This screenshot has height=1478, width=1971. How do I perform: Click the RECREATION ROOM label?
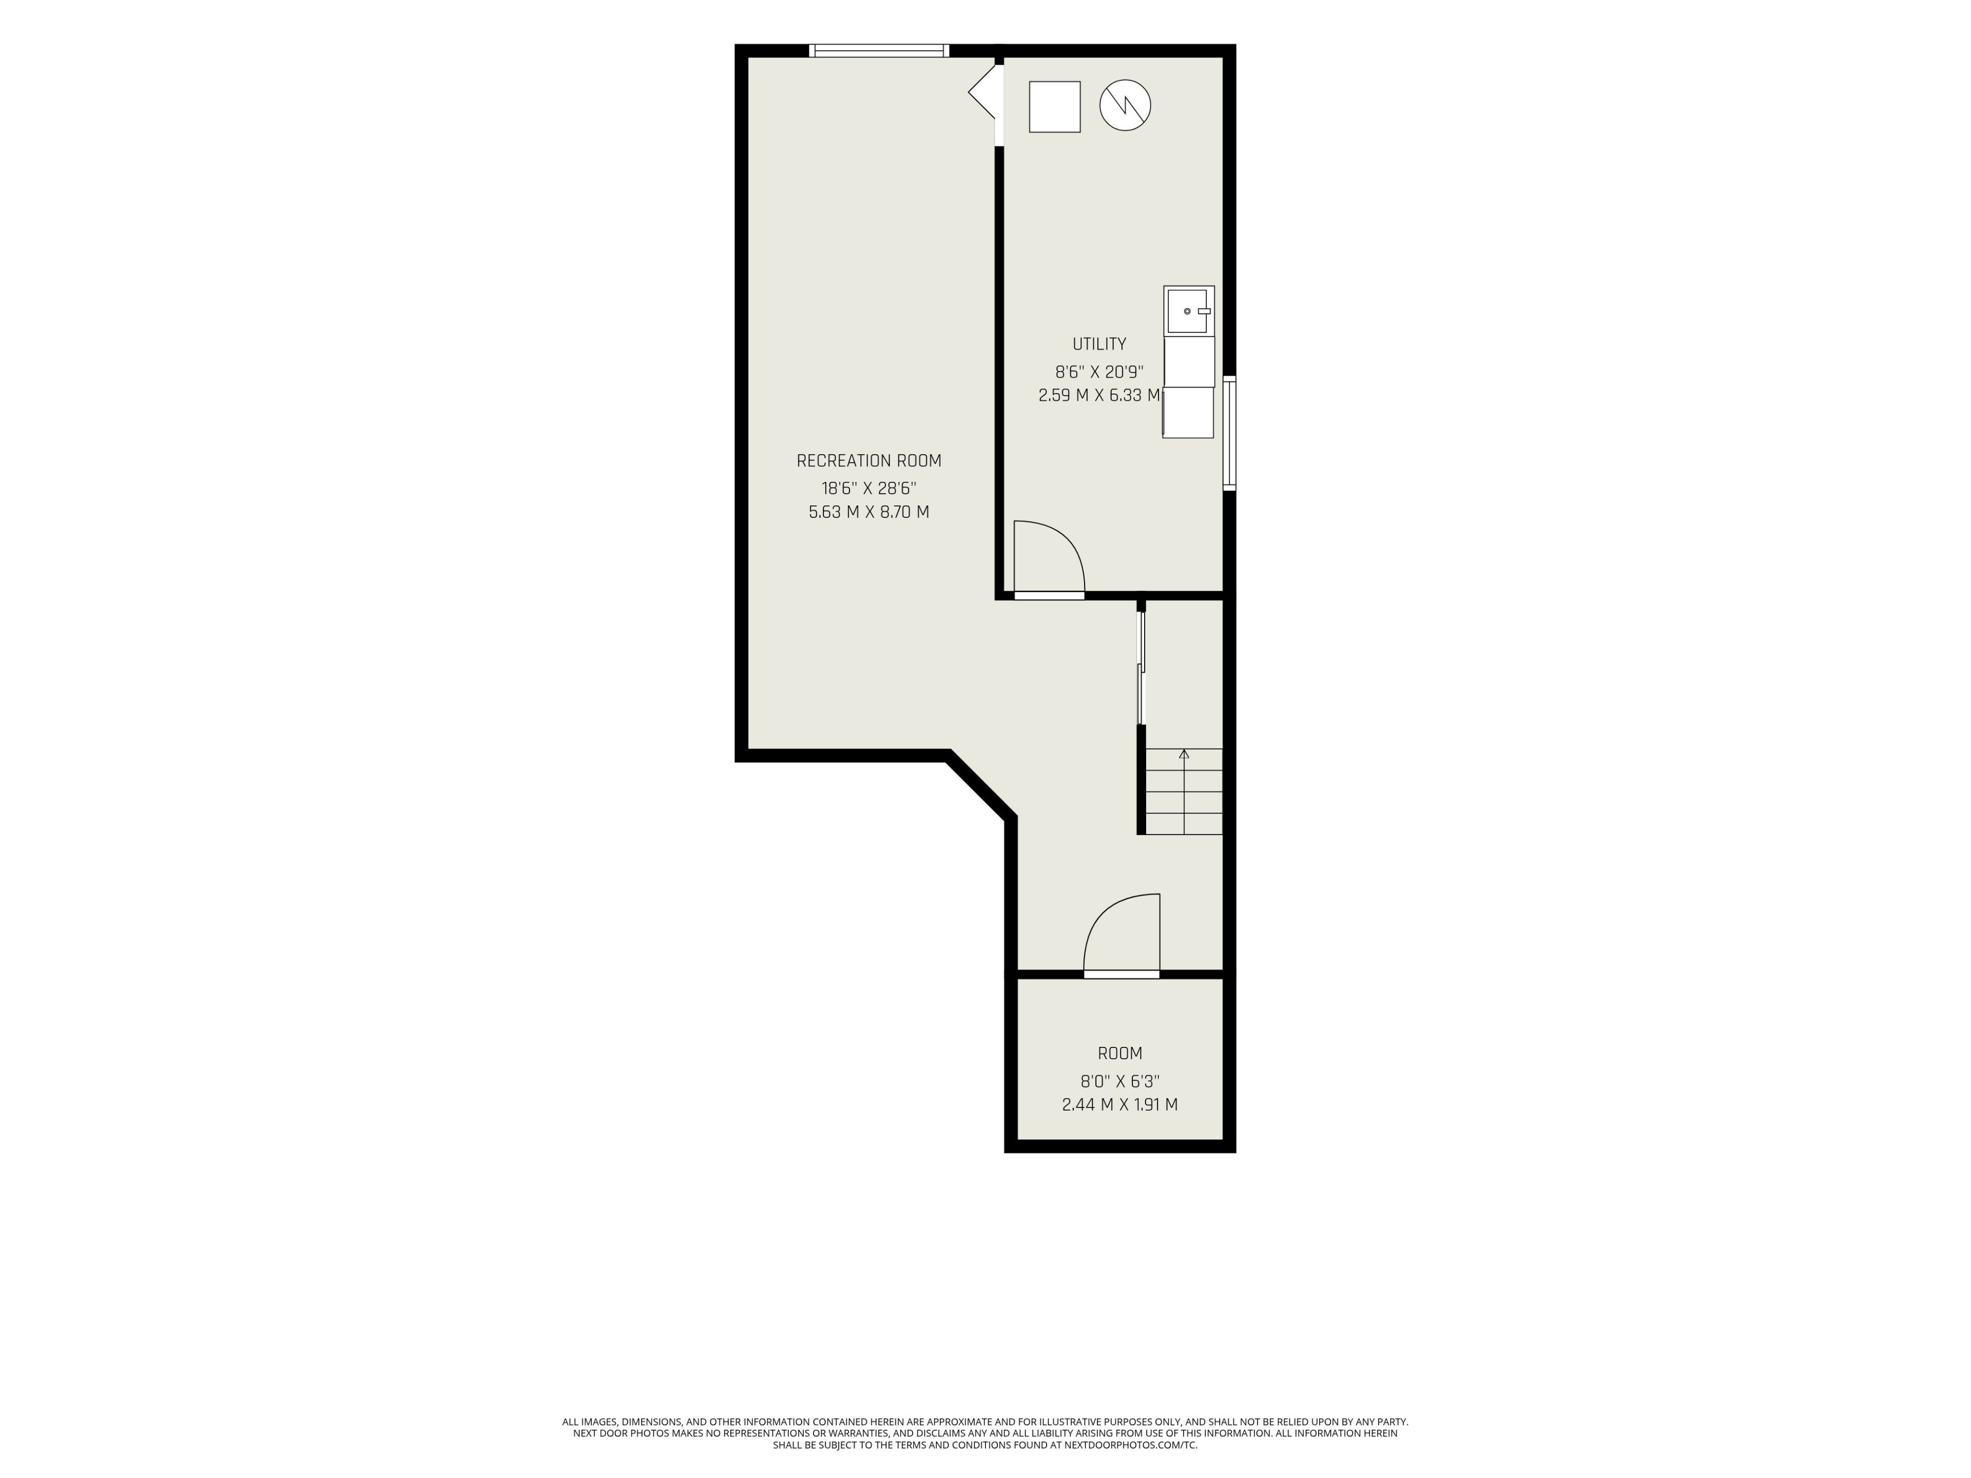[x=869, y=461]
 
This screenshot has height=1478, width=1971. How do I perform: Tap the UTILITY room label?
[x=1098, y=344]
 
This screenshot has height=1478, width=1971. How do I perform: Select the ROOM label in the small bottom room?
[x=1120, y=1053]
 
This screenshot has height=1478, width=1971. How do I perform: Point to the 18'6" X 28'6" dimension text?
[x=869, y=488]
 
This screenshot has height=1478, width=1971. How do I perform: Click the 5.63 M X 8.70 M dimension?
[x=869, y=512]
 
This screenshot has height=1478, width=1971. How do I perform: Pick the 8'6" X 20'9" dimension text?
[x=1098, y=372]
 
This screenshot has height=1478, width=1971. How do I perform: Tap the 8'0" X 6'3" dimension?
[x=1120, y=1081]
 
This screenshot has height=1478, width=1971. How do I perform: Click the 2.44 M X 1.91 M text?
[x=1120, y=1105]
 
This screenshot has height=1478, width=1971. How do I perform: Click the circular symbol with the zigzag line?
[x=1126, y=106]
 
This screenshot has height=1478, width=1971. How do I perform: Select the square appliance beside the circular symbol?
[x=1055, y=107]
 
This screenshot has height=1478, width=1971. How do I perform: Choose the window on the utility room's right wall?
[x=1230, y=433]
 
